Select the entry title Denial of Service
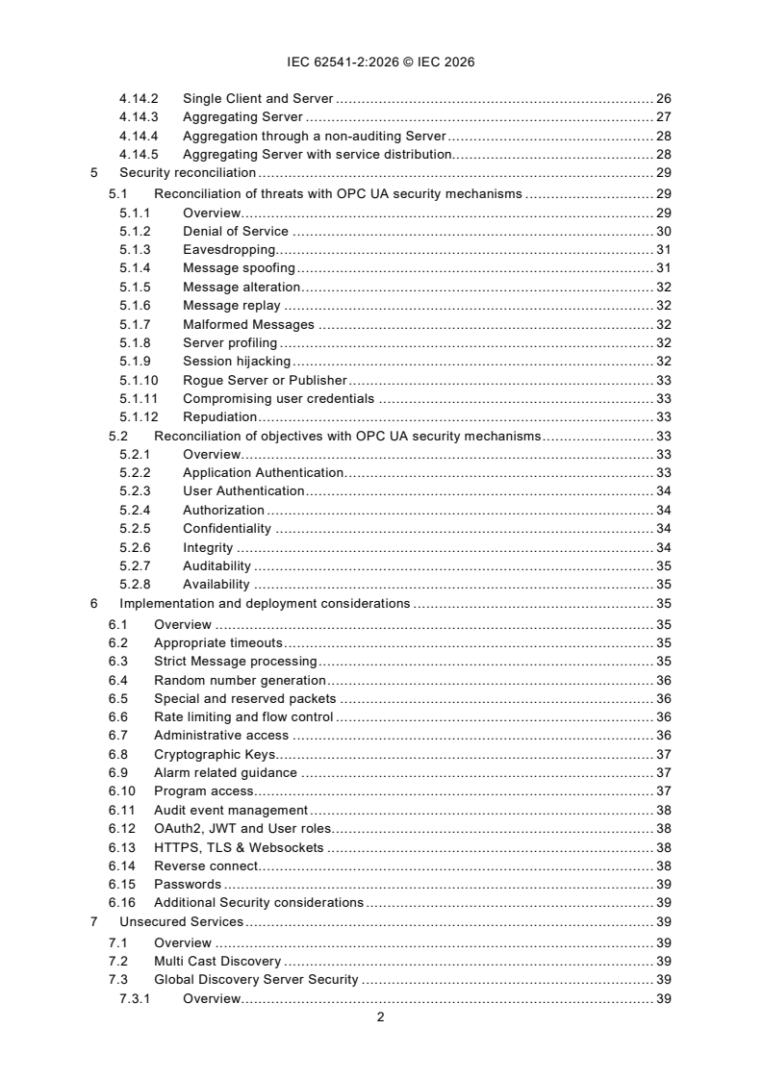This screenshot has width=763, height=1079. click(x=235, y=231)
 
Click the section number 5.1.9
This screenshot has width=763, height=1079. click(x=135, y=362)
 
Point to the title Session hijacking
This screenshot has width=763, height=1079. click(x=237, y=362)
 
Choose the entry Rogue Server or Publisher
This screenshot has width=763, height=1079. click(x=265, y=380)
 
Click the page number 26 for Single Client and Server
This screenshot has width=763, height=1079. click(x=663, y=100)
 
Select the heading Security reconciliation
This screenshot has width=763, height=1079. click(x=188, y=174)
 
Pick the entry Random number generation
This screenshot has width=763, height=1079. click(x=226, y=680)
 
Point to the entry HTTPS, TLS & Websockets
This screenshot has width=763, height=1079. click(x=239, y=847)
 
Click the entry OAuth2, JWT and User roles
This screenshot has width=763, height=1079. click(x=242, y=829)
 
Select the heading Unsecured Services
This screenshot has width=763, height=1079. click(x=181, y=921)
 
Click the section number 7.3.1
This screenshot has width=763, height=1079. click(x=135, y=998)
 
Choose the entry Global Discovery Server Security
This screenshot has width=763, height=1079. click(x=256, y=979)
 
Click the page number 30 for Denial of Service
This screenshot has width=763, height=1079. click(x=663, y=231)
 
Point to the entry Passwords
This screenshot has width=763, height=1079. click(x=188, y=885)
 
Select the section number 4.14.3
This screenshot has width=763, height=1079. click(x=139, y=118)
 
